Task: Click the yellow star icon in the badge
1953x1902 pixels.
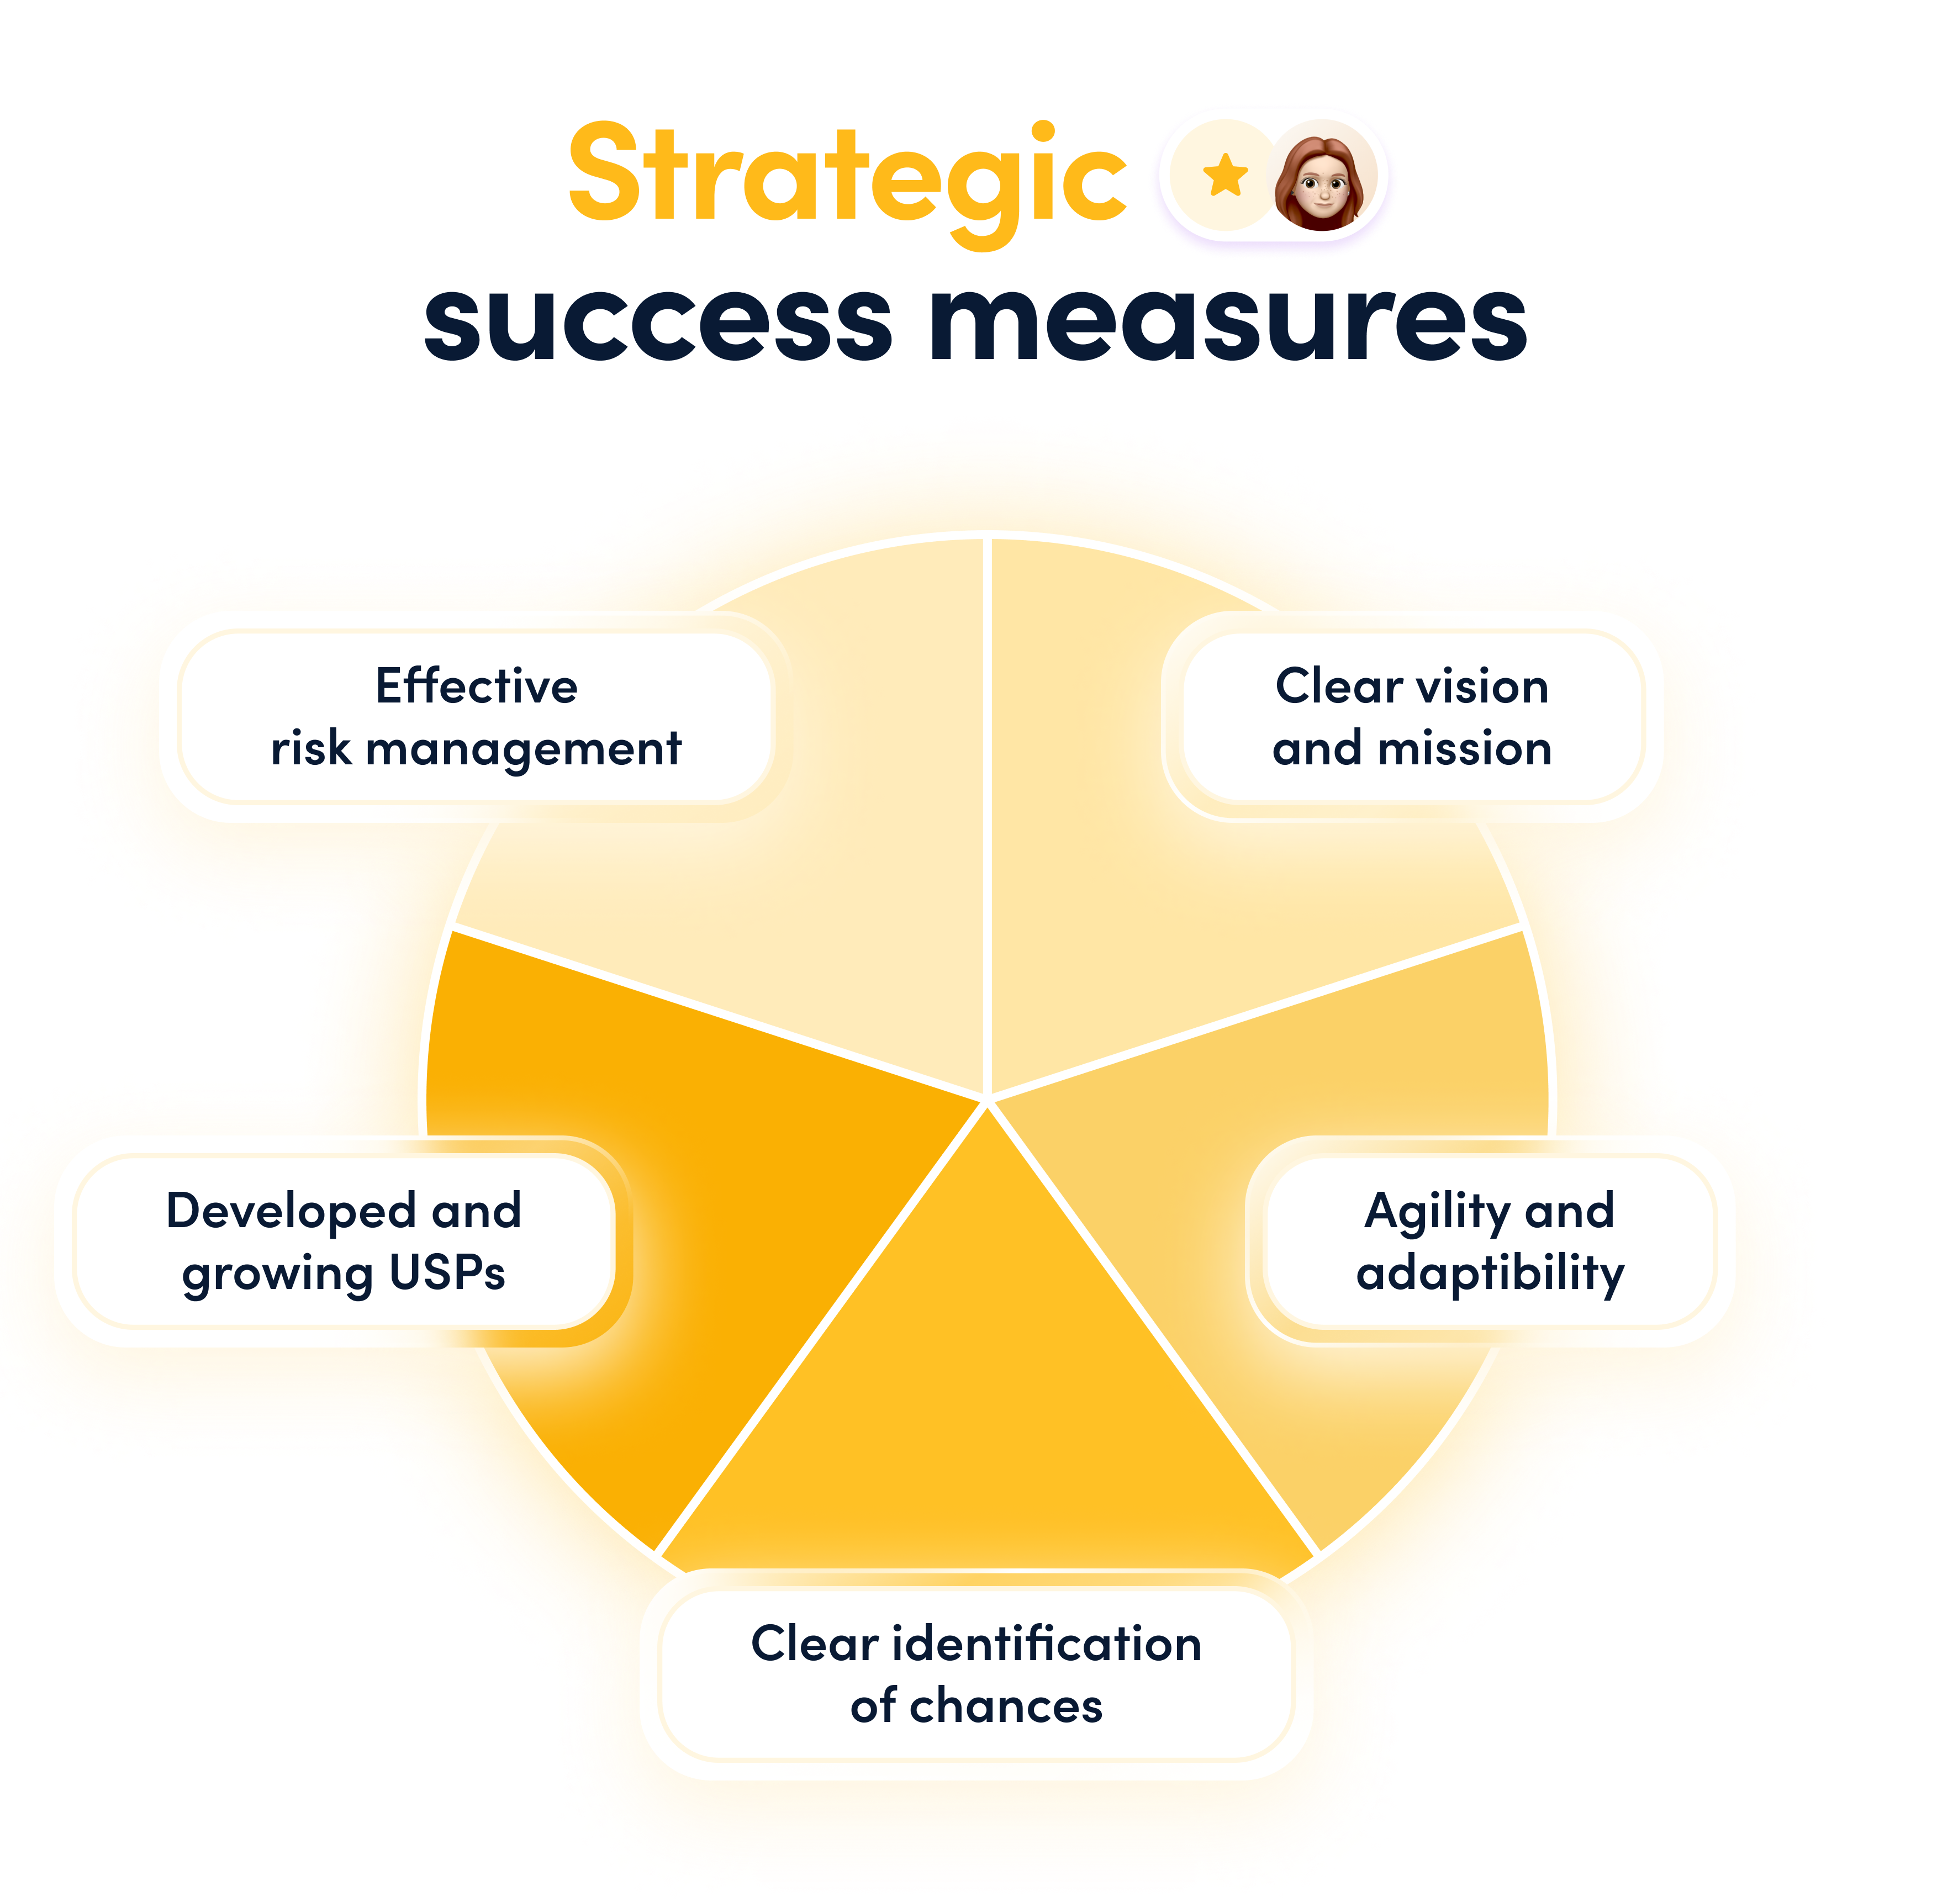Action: [x=1226, y=177]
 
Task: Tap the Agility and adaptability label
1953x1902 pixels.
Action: [x=1490, y=1241]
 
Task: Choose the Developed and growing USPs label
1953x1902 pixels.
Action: [x=344, y=1241]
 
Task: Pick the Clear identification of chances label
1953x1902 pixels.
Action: [x=976, y=1675]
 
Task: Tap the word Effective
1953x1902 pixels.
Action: [x=477, y=686]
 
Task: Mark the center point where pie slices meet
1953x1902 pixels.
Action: [x=987, y=1101]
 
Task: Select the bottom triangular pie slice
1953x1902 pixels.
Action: [x=987, y=1398]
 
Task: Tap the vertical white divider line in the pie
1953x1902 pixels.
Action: [x=987, y=819]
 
